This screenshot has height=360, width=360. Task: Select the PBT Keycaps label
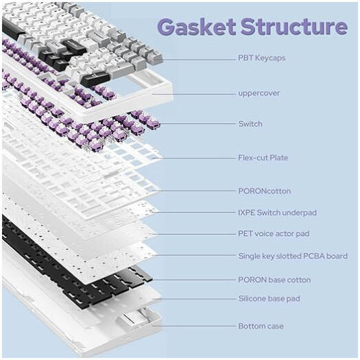coord(261,58)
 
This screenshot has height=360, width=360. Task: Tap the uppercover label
coord(259,92)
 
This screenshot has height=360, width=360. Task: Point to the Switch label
coord(250,124)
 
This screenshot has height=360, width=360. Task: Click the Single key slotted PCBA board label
coord(292,256)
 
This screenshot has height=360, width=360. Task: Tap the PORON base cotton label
coord(274,280)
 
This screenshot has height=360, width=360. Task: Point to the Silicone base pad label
coord(269,299)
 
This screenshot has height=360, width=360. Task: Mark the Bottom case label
coord(261,326)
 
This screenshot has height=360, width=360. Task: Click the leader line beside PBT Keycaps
coord(199,58)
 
